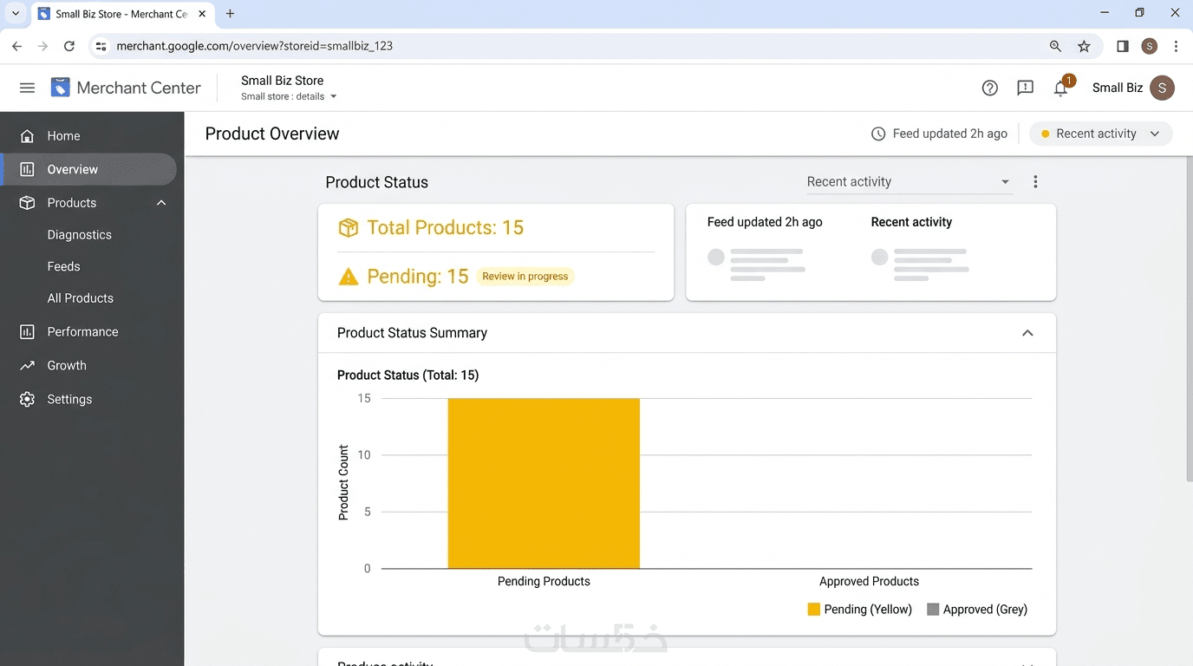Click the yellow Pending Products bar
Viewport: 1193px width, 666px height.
pos(544,483)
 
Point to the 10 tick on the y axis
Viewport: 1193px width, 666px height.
pos(364,455)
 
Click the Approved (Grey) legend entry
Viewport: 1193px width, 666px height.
pos(977,609)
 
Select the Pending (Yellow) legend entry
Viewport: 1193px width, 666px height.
pos(859,609)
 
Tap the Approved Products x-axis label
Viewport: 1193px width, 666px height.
pos(869,581)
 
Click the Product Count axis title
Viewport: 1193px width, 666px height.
pos(343,482)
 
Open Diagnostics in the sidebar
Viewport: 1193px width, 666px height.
pos(80,235)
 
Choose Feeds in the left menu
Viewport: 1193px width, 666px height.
pos(63,266)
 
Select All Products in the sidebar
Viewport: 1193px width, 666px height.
pos(80,298)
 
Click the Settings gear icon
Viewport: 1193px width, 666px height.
pos(27,399)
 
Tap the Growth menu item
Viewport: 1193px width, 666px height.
pos(67,365)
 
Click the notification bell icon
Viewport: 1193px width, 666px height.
pos(1060,88)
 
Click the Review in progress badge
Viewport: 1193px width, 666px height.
pos(525,277)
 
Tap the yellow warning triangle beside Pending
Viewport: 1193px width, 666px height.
pos(349,277)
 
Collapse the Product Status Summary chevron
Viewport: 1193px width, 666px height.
pos(1027,333)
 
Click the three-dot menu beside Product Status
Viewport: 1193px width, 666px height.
pos(1035,182)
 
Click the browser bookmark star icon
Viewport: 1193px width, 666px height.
pos(1084,46)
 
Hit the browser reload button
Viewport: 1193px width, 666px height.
pos(69,46)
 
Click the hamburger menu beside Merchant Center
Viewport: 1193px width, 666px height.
pos(27,88)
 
